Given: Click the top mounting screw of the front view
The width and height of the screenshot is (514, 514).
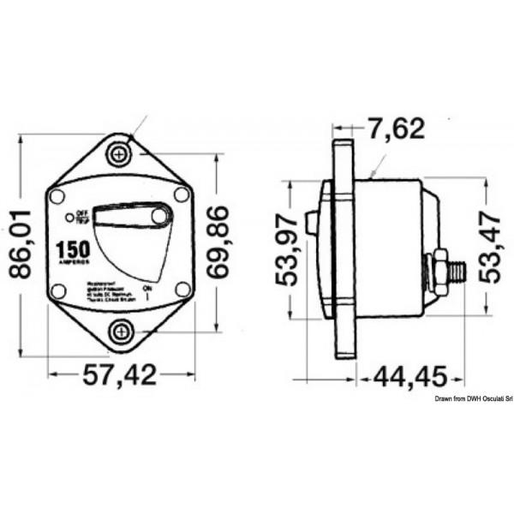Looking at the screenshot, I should (119, 154).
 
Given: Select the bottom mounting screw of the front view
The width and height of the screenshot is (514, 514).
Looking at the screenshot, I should (119, 331).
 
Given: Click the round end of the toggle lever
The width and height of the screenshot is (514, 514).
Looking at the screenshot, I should (160, 216).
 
